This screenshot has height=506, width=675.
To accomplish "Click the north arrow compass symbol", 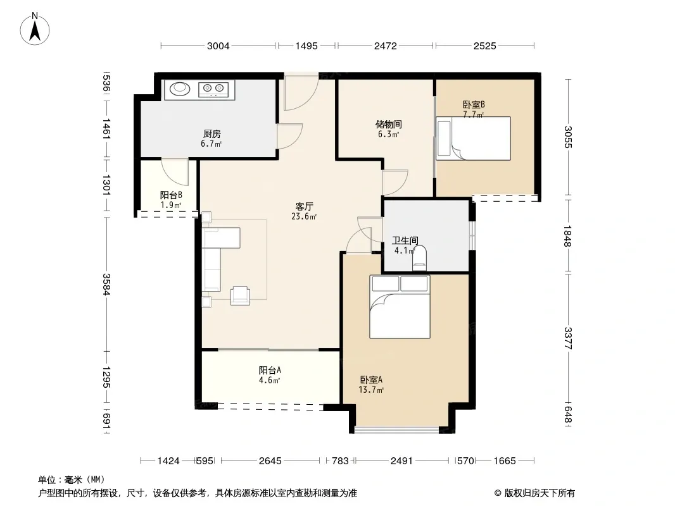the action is click(x=35, y=29).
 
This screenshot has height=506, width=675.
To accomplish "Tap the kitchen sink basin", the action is click(x=180, y=89).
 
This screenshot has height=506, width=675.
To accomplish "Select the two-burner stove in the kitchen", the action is click(x=213, y=89).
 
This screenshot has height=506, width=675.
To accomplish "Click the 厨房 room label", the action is click(x=212, y=134).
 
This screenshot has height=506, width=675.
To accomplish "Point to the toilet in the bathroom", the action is click(x=419, y=258).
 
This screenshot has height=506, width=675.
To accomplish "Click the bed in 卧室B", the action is click(x=473, y=139).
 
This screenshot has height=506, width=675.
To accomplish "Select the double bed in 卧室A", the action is click(x=400, y=307).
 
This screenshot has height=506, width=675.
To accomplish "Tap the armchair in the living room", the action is click(x=240, y=295).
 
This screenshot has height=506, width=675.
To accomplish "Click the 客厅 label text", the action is click(x=305, y=206).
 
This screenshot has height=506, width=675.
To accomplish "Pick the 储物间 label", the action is click(x=389, y=124).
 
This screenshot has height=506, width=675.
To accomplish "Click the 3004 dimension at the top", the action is click(x=218, y=46).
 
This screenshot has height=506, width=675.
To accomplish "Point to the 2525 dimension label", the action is click(x=485, y=46).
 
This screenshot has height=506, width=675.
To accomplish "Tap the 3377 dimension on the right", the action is click(x=568, y=338).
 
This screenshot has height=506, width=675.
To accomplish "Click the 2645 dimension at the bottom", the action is click(x=270, y=461).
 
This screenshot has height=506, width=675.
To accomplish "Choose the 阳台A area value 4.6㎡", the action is click(x=270, y=381).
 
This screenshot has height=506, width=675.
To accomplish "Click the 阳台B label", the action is click(x=171, y=195).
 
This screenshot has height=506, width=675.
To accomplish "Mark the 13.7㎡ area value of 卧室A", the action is click(x=371, y=390).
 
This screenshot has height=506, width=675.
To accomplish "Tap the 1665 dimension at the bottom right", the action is click(x=505, y=461).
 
